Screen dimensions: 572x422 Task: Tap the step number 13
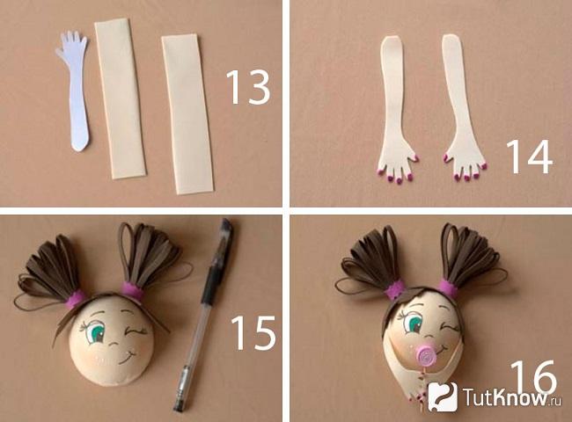(x=248, y=88)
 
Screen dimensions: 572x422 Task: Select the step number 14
(x=529, y=156)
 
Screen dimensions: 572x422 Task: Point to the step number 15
(x=253, y=332)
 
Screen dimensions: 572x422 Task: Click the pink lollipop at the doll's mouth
(x=425, y=356)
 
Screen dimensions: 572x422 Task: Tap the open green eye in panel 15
(x=95, y=332)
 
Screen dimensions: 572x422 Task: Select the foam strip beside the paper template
(x=121, y=98)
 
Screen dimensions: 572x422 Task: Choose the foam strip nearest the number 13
(x=187, y=113)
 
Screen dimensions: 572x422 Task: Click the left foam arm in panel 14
(x=395, y=109)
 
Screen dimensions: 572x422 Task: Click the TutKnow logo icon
(x=443, y=397)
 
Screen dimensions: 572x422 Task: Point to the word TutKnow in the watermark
(x=507, y=397)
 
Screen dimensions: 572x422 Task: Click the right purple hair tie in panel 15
(x=131, y=290)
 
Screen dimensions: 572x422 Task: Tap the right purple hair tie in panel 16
(x=448, y=287)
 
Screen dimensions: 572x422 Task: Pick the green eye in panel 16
(x=414, y=322)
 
